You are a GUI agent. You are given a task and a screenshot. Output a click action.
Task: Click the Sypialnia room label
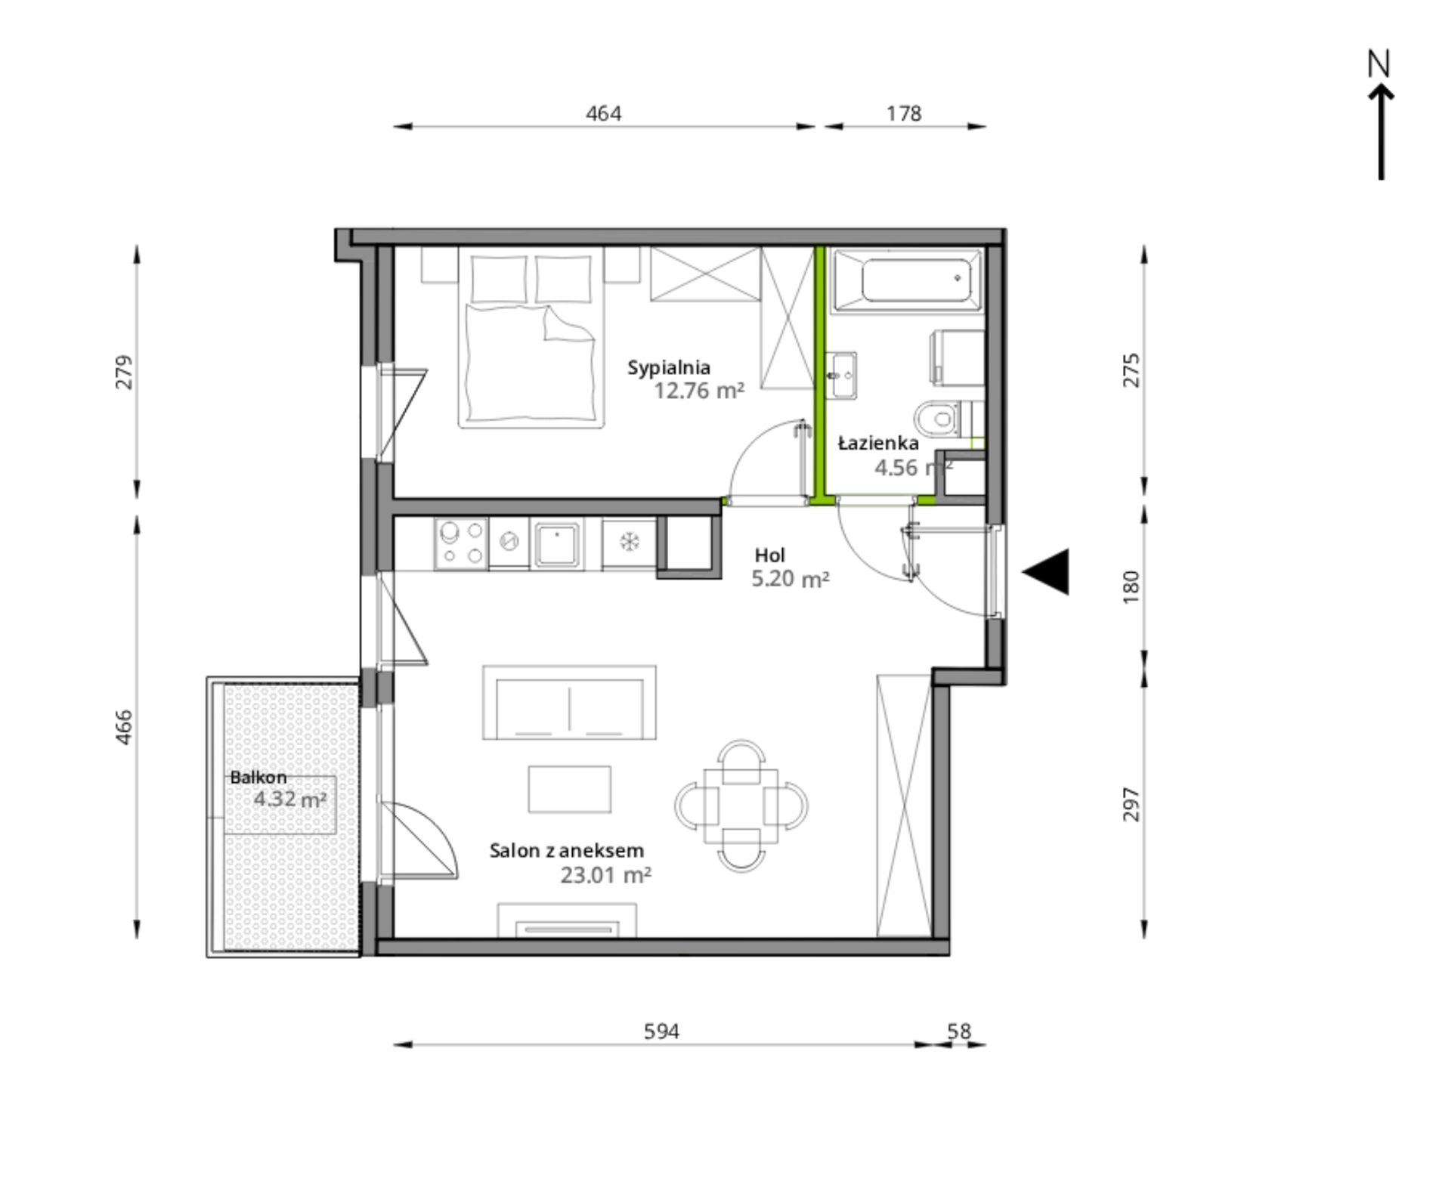click(669, 368)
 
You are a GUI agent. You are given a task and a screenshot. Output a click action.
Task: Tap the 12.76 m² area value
click(699, 391)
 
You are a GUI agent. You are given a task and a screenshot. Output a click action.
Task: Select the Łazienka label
click(878, 444)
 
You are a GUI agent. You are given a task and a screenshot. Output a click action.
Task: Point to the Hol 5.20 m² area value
click(791, 580)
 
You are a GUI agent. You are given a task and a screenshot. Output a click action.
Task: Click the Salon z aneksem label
click(567, 850)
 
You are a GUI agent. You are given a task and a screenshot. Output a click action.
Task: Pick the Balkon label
click(258, 777)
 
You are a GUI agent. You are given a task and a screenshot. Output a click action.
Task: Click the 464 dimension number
click(604, 113)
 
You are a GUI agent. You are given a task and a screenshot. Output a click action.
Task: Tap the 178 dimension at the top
click(904, 113)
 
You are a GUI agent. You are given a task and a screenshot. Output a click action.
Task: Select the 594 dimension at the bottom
click(662, 1032)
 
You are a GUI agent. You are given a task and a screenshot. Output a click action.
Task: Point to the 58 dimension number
click(959, 1032)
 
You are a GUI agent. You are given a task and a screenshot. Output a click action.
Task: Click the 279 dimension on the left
click(123, 372)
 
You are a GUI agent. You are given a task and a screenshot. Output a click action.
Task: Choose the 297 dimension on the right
click(1131, 804)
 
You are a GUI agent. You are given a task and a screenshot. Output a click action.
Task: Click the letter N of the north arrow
click(1379, 64)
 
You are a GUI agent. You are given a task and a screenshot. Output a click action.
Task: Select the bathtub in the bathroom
click(908, 281)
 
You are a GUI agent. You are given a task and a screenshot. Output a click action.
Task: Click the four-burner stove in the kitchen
click(461, 543)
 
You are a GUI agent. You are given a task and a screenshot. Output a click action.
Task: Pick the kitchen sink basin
click(557, 544)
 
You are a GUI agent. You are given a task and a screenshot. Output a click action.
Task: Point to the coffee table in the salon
click(570, 789)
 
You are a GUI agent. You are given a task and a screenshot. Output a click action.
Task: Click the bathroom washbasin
click(841, 374)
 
